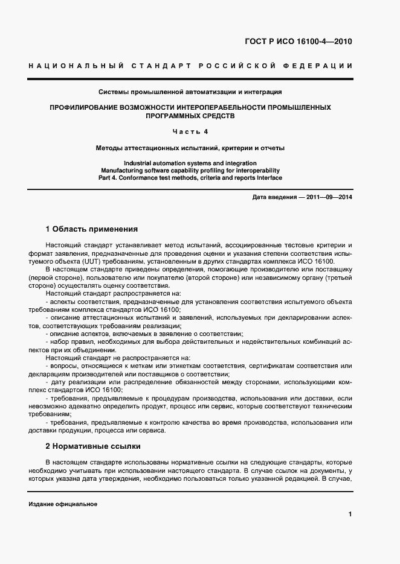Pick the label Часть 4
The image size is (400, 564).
coord(190,131)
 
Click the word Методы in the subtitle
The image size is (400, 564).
coord(110,147)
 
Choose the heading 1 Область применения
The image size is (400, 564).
coord(92,229)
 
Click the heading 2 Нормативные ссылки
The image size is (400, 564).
coord(93,446)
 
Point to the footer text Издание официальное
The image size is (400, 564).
coord(63,504)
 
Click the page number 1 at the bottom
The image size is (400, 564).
coord(350,515)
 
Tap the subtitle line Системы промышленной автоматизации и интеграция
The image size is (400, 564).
coord(190,92)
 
